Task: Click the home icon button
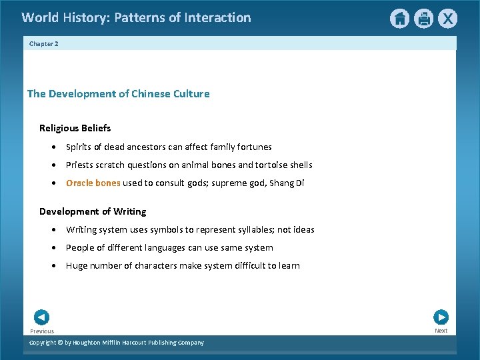click(399, 19)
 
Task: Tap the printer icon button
click(424, 19)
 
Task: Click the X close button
click(448, 19)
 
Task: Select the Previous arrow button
click(41, 317)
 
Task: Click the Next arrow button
click(441, 317)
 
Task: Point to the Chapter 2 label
click(44, 43)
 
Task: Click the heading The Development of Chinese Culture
click(118, 94)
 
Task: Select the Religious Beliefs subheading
click(75, 128)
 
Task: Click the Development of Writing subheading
click(93, 211)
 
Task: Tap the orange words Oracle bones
click(93, 183)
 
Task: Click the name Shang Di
click(287, 183)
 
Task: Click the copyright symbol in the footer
click(59, 343)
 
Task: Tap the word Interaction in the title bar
click(216, 18)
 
